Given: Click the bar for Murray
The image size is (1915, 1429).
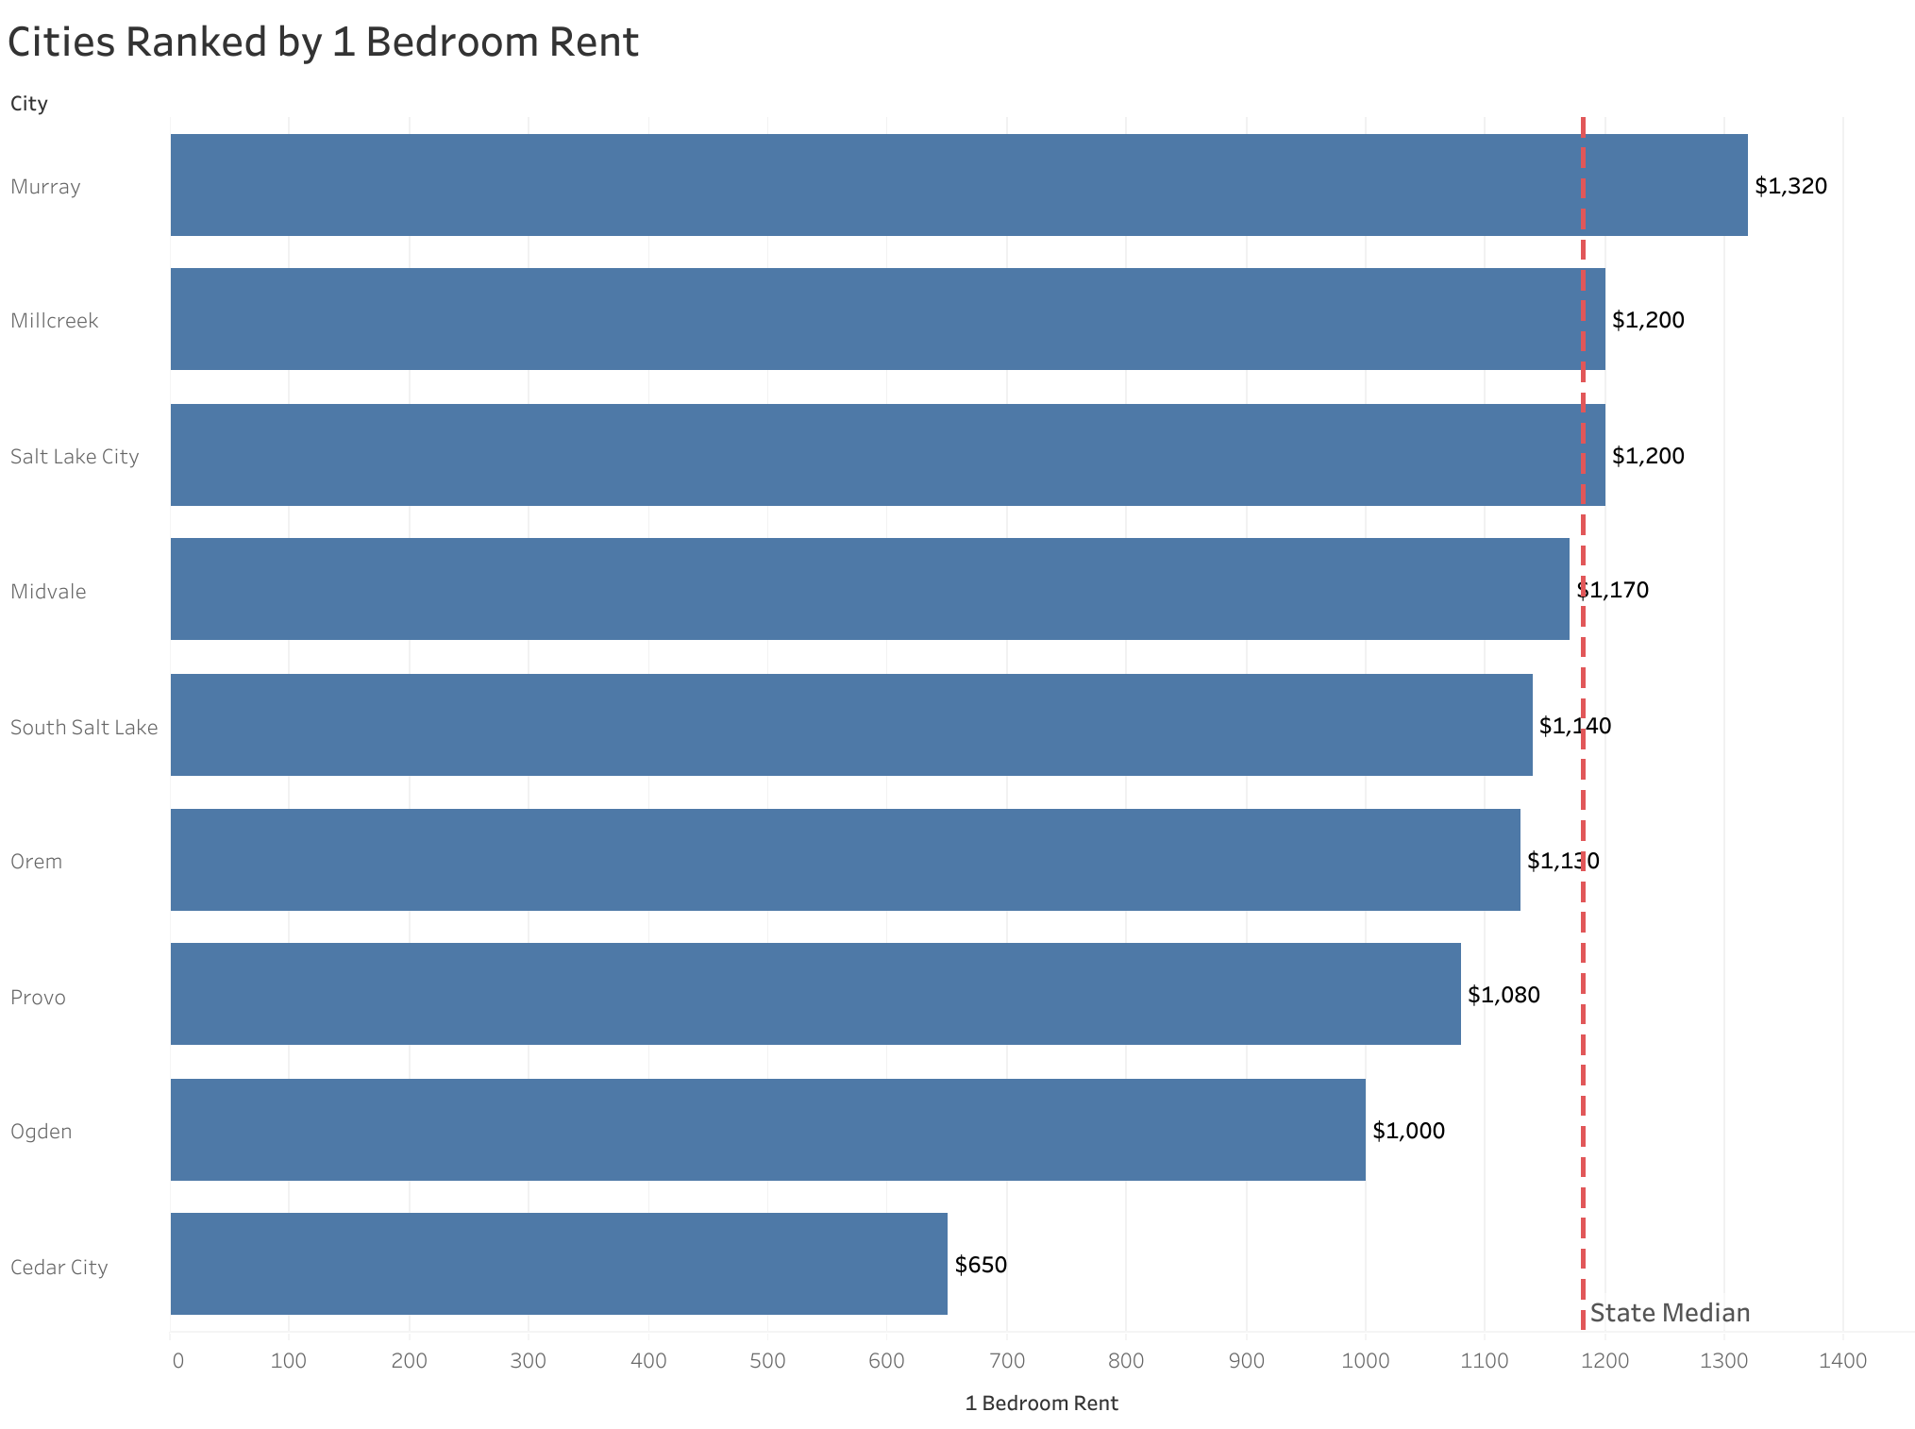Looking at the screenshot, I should (x=958, y=185).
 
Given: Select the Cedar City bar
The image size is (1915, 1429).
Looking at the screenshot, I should (x=559, y=1264).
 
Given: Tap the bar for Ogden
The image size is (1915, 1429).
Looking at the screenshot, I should (x=767, y=1130).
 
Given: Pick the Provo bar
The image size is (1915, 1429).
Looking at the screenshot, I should (x=815, y=994).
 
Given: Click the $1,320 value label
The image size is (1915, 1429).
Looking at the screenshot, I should (x=1790, y=186).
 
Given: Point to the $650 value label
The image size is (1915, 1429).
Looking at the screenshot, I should (x=981, y=1265).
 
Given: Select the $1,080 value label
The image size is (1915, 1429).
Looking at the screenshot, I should (x=1503, y=995).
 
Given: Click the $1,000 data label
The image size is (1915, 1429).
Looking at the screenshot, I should (x=1408, y=1131).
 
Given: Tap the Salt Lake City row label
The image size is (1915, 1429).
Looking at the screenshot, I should (x=75, y=457).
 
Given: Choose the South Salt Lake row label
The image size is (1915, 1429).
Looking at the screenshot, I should (x=84, y=728).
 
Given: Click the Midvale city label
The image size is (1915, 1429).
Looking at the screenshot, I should (x=48, y=592).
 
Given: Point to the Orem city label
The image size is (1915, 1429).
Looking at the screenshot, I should (x=36, y=862).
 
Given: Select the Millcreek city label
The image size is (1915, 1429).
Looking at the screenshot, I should (x=54, y=321).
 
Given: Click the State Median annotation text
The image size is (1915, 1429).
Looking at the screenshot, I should (x=1670, y=1313).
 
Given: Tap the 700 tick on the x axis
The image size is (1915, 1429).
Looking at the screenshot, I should (x=1007, y=1361).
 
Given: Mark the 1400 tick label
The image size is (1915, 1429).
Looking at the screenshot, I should (x=1842, y=1361).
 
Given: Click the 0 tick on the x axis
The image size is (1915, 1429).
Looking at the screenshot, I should (x=177, y=1361).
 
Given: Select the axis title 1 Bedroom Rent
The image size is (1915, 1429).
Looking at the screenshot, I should (x=1041, y=1404).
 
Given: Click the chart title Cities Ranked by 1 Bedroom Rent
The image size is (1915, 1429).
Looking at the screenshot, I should (x=323, y=42).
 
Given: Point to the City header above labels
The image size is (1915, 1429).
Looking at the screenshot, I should (x=28, y=104).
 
